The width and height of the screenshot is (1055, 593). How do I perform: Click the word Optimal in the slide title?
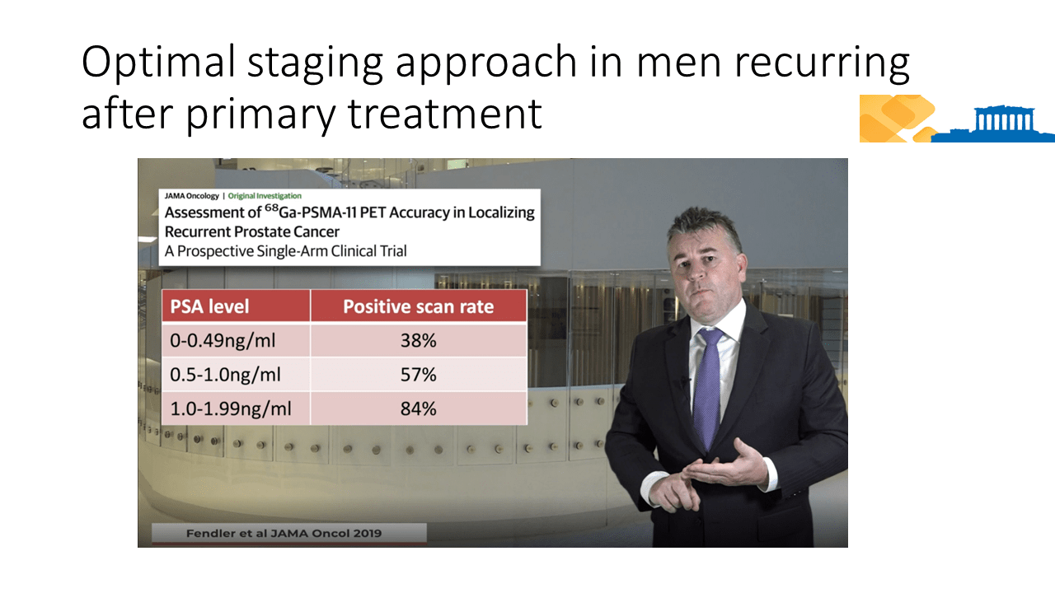click(x=158, y=61)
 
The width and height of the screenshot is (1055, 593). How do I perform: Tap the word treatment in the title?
click(x=445, y=114)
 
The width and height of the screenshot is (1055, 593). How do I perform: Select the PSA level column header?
click(x=209, y=307)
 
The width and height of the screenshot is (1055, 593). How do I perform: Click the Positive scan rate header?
click(x=418, y=307)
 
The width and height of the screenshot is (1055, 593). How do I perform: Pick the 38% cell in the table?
click(x=418, y=340)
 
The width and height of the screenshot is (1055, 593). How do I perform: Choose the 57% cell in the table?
click(x=418, y=375)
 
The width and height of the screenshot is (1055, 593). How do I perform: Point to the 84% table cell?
click(x=418, y=409)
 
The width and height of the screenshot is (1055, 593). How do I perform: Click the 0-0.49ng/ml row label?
click(x=223, y=341)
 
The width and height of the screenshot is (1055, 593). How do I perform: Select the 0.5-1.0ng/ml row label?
click(x=225, y=375)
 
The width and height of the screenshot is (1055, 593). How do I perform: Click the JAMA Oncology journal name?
click(x=192, y=196)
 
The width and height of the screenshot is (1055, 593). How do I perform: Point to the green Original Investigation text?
click(x=265, y=196)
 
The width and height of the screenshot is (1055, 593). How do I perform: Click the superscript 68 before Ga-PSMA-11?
click(x=271, y=208)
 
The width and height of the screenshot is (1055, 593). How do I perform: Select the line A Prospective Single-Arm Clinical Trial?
click(x=285, y=251)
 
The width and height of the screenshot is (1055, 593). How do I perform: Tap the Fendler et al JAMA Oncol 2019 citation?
click(x=284, y=533)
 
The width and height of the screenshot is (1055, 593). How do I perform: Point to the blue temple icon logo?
click(x=994, y=124)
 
